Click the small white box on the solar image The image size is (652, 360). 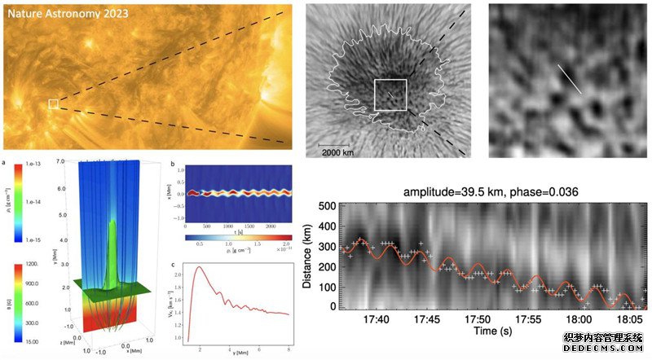(53, 103)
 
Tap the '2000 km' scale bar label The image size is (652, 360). (336, 152)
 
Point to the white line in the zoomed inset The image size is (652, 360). (569, 79)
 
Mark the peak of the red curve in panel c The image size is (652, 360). (197, 267)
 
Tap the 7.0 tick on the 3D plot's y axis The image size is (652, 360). (71, 162)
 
